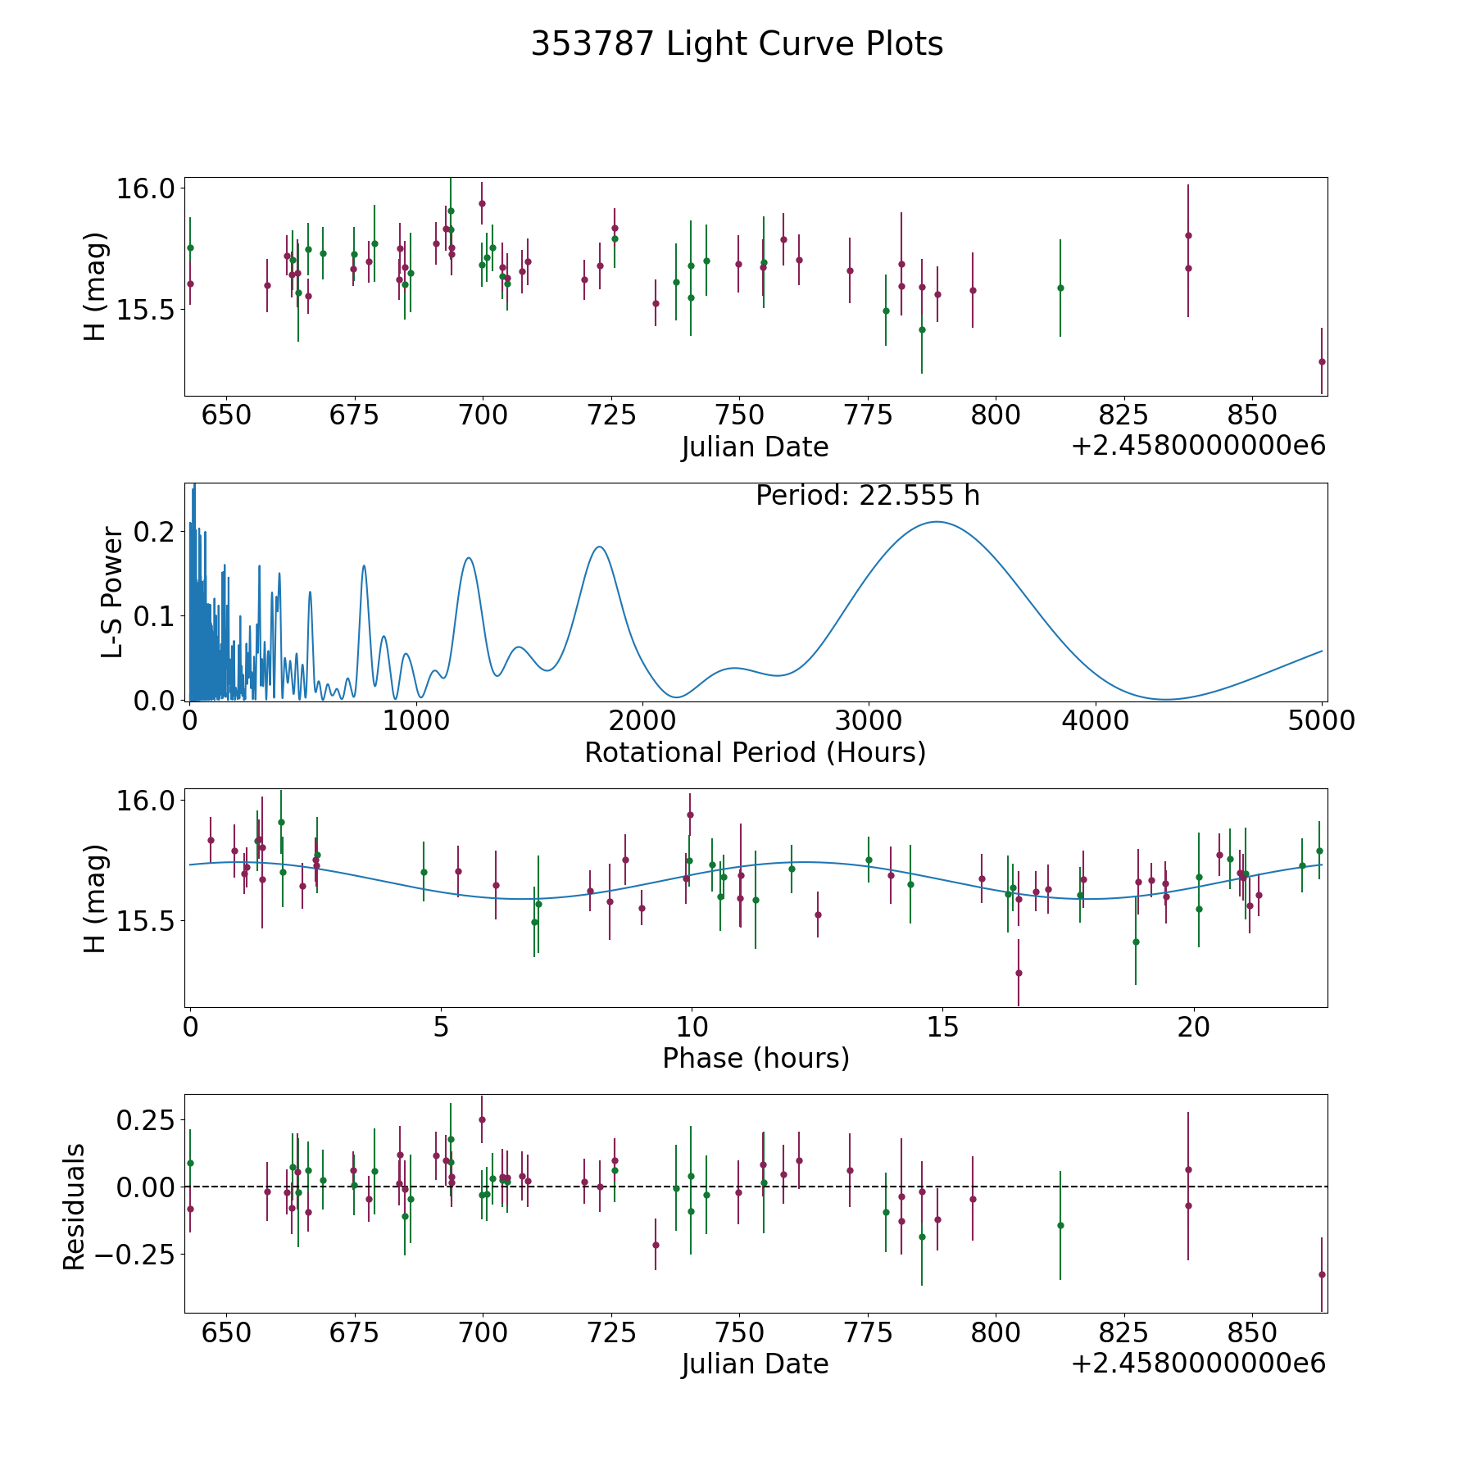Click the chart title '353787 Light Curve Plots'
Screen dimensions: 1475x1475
(x=737, y=44)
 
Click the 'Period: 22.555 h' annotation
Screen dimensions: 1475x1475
(x=867, y=496)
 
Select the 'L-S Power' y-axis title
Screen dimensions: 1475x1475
(x=113, y=592)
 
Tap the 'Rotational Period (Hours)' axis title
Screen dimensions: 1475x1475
(x=755, y=752)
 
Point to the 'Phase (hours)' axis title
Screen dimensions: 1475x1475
(x=756, y=1058)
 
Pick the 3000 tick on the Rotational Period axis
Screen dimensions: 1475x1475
(x=869, y=721)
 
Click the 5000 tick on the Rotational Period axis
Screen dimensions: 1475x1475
(x=1321, y=721)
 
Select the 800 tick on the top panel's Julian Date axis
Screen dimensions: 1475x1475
(x=995, y=415)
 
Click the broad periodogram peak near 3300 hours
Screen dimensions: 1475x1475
(x=935, y=522)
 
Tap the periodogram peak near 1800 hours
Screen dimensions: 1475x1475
(x=600, y=547)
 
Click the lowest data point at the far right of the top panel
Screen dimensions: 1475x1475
(x=1322, y=361)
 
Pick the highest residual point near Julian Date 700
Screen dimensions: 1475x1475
(x=482, y=1119)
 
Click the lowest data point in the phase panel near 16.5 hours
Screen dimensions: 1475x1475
(x=1019, y=973)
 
